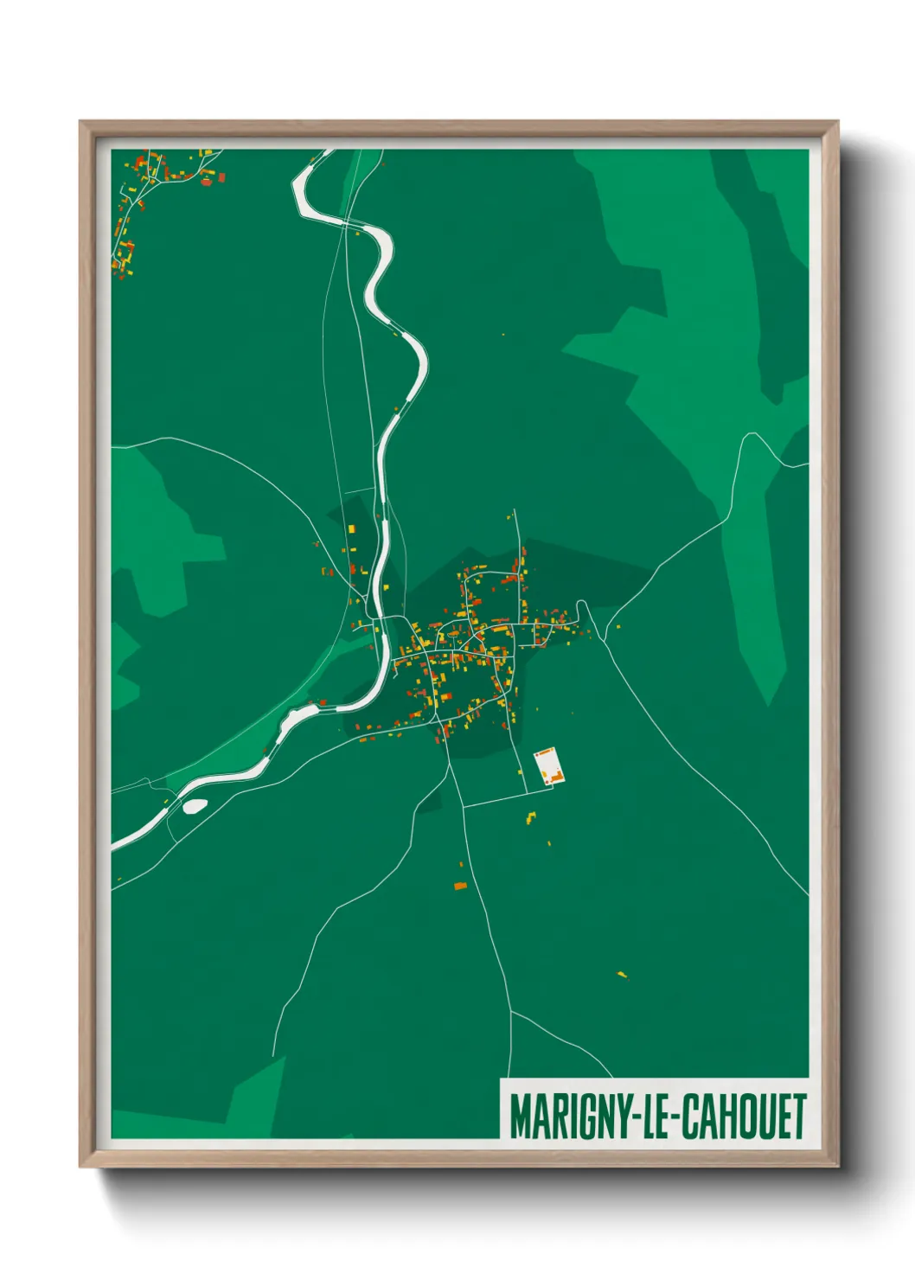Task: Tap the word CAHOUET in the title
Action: point(744,1117)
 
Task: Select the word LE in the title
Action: point(654,1117)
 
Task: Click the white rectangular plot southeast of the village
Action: point(547,765)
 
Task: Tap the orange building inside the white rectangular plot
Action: point(556,778)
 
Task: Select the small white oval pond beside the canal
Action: point(195,806)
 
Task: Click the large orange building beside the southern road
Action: point(460,886)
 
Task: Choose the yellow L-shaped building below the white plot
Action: point(531,816)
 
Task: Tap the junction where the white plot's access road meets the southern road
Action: point(464,807)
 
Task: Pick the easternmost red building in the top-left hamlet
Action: point(221,176)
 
